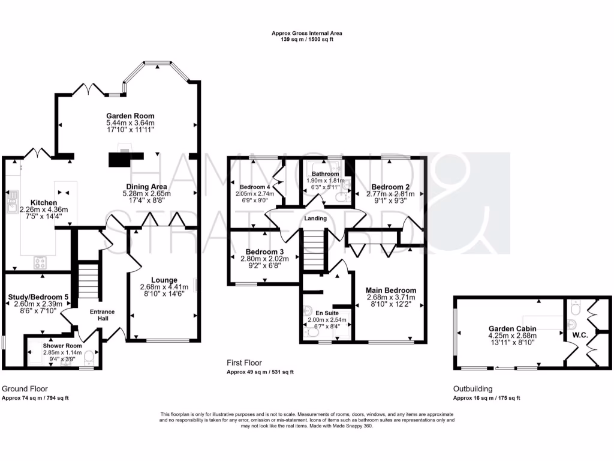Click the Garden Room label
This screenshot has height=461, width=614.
tap(130, 116)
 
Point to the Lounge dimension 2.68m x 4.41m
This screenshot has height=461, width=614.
tap(164, 286)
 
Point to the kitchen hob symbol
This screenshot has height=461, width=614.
tap(41, 262)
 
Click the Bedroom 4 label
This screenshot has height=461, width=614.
tap(255, 187)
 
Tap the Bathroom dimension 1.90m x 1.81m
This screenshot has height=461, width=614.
tap(326, 181)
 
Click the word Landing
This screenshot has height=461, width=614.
tap(315, 218)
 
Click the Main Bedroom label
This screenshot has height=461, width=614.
tap(391, 290)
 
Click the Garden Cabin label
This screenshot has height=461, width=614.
tap(512, 328)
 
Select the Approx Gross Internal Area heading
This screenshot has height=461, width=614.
tap(307, 34)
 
